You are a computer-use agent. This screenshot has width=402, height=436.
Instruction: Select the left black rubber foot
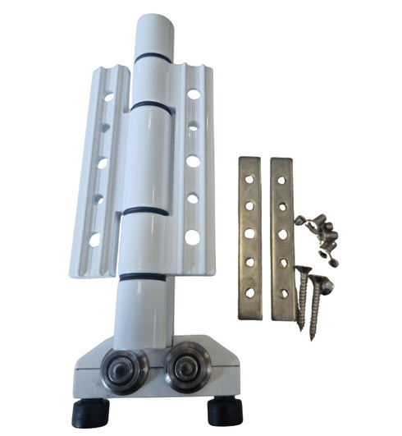pyautogui.click(x=91, y=411)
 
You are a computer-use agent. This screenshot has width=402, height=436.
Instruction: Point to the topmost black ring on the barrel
pyautogui.click(x=153, y=58)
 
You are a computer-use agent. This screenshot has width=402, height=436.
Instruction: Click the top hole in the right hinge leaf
pyautogui.click(x=194, y=94)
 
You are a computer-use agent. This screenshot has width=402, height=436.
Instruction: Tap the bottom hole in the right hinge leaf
pyautogui.click(x=192, y=237)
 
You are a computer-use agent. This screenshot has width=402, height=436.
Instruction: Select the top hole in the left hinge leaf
pyautogui.click(x=108, y=97)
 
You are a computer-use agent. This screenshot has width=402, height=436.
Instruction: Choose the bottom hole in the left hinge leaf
pyautogui.click(x=94, y=240)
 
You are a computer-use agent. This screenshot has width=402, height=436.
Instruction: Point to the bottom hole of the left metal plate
pyautogui.click(x=250, y=292)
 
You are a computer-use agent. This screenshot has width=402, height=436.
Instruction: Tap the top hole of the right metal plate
pyautogui.click(x=281, y=174)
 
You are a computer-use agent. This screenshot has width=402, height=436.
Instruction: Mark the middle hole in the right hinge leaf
pyautogui.click(x=193, y=161)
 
